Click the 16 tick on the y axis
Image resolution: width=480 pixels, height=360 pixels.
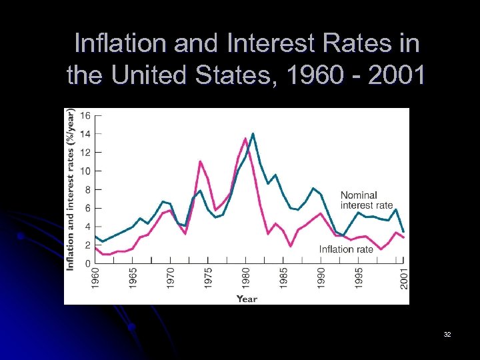click(86, 115)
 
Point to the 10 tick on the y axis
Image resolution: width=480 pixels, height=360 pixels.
click(86, 171)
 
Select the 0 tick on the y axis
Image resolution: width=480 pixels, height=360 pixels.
click(88, 264)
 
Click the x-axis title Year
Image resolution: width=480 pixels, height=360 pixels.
click(247, 299)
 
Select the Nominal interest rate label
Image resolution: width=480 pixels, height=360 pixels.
click(366, 200)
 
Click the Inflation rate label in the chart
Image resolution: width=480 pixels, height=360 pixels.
click(346, 249)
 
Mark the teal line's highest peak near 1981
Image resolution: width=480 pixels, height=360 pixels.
click(253, 134)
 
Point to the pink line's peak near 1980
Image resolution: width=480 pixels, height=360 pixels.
click(245, 139)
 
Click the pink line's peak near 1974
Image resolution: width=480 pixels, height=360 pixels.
click(201, 161)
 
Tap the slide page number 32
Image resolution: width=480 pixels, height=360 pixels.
click(447, 333)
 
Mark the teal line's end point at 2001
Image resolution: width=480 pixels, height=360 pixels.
click(403, 231)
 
